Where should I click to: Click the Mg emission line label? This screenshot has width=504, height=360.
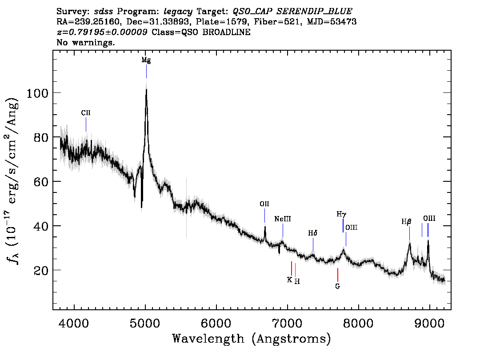tap(146, 60)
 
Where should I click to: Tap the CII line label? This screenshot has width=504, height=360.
tap(86, 113)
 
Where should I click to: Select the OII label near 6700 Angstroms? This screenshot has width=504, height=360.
tap(264, 204)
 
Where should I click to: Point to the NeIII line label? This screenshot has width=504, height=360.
tap(283, 219)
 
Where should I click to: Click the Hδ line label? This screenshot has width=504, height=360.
tap(313, 233)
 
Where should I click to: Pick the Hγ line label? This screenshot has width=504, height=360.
tap(341, 214)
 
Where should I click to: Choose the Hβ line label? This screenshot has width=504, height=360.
tap(406, 221)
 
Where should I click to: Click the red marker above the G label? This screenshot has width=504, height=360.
tap(337, 275)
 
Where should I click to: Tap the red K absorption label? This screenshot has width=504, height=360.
tap(289, 280)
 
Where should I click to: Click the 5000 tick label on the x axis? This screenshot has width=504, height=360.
tap(145, 324)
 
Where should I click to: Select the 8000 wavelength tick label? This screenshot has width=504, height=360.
tap(358, 324)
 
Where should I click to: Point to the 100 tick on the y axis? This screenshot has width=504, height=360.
tap(37, 93)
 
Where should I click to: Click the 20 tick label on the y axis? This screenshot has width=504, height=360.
tap(41, 271)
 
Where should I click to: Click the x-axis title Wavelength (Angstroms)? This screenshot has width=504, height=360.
tap(252, 339)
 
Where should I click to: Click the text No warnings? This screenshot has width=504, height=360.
tap(85, 42)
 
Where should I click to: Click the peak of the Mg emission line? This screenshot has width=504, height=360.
tap(146, 89)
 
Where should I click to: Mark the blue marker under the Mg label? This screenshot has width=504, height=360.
tap(147, 72)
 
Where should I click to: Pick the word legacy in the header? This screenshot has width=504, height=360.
tap(178, 12)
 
